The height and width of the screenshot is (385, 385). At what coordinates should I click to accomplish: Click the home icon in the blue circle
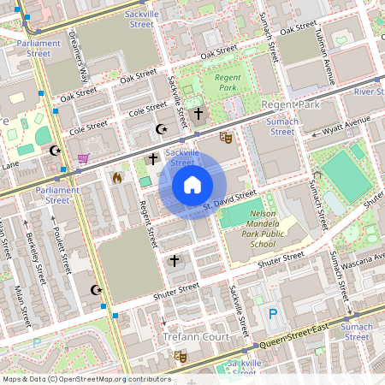[x=192, y=184]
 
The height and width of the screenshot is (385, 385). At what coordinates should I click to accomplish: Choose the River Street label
[x=369, y=91]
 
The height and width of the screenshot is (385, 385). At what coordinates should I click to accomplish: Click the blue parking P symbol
[x=273, y=314]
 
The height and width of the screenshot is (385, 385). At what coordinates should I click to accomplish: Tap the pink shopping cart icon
[x=83, y=158]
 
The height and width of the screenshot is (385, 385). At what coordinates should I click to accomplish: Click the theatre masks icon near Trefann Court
[x=181, y=356]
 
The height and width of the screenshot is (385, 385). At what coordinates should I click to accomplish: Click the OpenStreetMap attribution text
[x=86, y=379]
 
